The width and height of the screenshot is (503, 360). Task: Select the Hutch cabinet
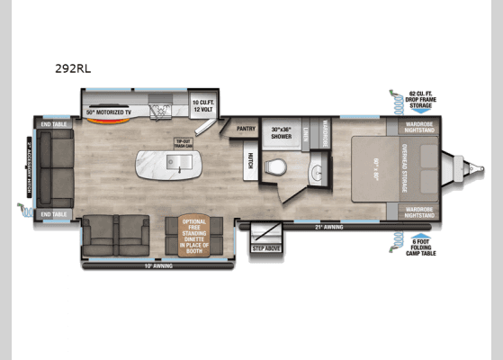250,161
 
